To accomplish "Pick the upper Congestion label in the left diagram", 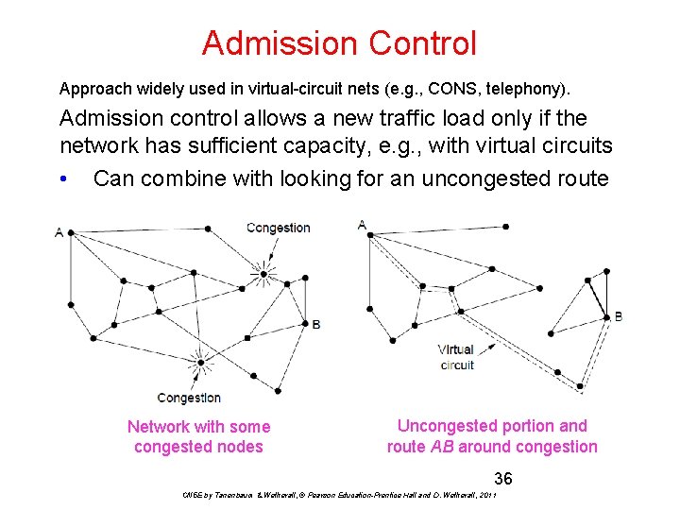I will pos(278,228).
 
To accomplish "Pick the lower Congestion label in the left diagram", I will pos(189,398).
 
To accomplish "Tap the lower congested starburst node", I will pos(200,362).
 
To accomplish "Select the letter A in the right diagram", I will pos(362,225).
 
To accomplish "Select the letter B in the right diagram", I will pos(619,316).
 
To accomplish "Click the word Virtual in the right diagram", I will pos(456,350).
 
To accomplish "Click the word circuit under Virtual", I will pos(457,365).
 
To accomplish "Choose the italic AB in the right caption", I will pos(441,447).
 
